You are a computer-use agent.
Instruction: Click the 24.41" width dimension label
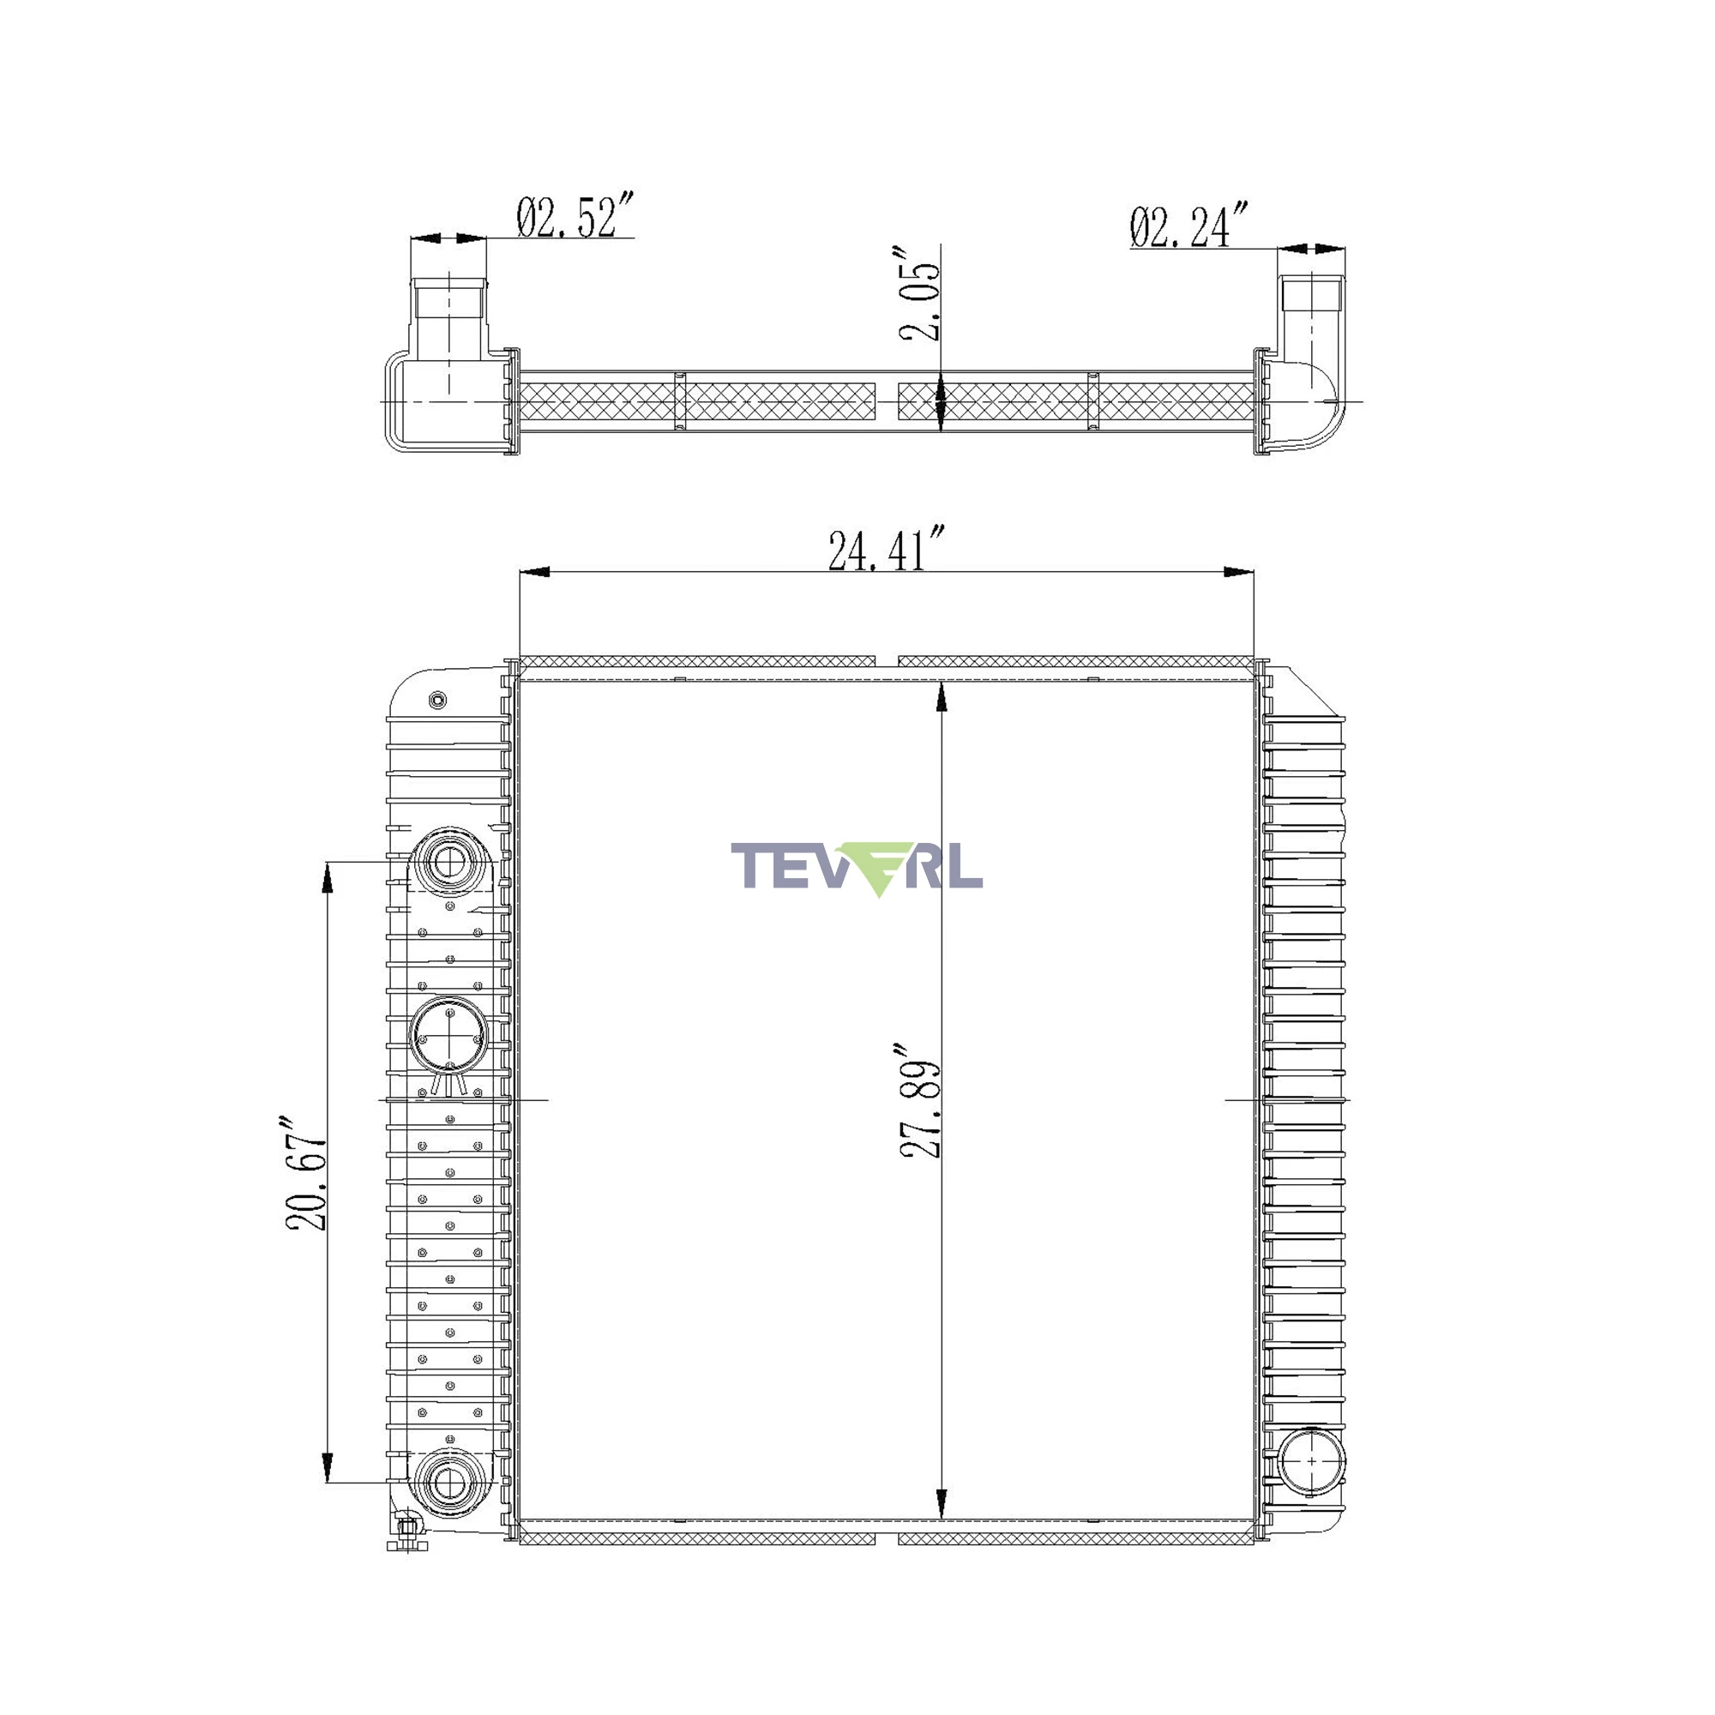[x=885, y=550]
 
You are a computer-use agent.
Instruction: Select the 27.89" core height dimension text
[x=919, y=1101]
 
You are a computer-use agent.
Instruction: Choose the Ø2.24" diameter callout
[x=1189, y=226]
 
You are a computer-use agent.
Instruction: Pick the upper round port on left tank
[x=449, y=860]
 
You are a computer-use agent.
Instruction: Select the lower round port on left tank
[x=449, y=1482]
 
